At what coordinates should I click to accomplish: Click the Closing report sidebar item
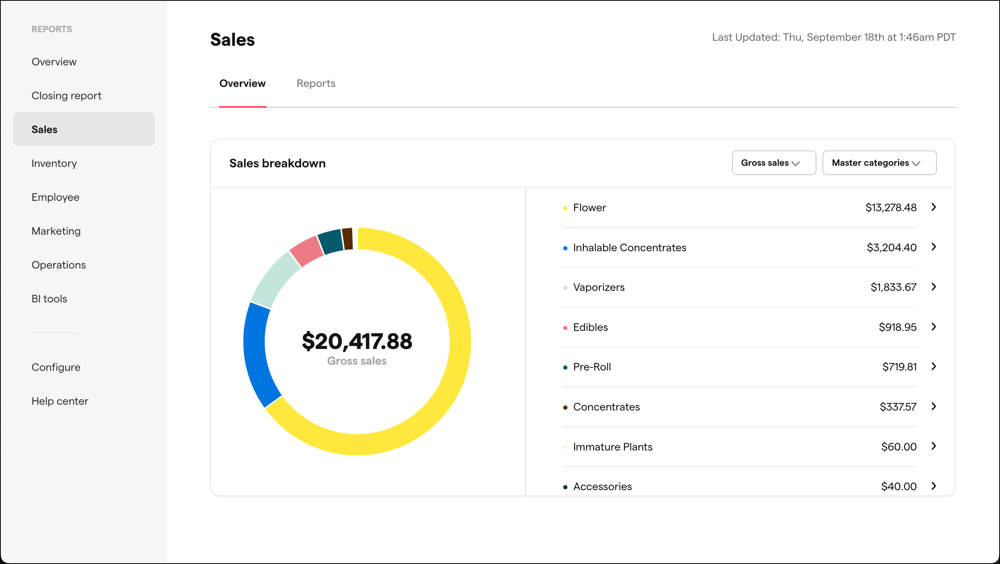click(x=66, y=95)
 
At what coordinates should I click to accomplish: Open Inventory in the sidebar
click(x=54, y=163)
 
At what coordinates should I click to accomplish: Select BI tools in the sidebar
click(x=49, y=299)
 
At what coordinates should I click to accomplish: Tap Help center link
click(x=60, y=401)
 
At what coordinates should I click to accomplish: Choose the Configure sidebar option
click(x=56, y=367)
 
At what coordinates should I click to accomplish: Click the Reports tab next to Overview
click(x=316, y=83)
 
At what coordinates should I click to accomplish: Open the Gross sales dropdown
click(x=773, y=163)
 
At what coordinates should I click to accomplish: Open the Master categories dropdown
click(x=879, y=163)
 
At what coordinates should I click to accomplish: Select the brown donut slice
click(x=348, y=239)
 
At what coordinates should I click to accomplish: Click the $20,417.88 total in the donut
click(x=357, y=341)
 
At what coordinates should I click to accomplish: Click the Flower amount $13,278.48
click(x=891, y=207)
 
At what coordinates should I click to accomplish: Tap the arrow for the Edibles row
click(x=934, y=327)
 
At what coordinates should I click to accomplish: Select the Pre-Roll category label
click(x=592, y=367)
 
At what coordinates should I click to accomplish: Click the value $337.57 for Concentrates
click(x=898, y=407)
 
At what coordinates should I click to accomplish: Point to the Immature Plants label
click(x=612, y=447)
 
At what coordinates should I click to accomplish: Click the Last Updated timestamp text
click(x=833, y=37)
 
